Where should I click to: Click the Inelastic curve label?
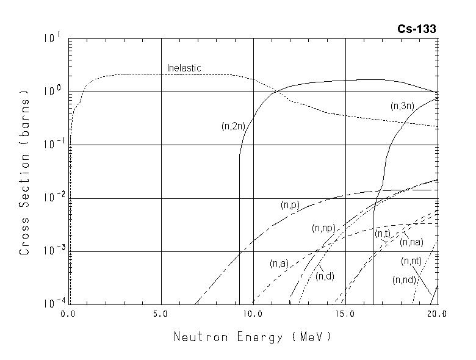[x=184, y=68]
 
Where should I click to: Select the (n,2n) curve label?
[x=233, y=126]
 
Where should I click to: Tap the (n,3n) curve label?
[x=403, y=106]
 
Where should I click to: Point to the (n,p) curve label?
[x=290, y=205]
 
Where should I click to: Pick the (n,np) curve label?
[x=323, y=228]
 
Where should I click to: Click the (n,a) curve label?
[x=279, y=264]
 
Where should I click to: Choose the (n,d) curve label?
[x=325, y=276]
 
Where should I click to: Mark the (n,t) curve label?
[x=383, y=234]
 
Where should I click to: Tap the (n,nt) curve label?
[x=411, y=261]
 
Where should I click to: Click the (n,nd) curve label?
[x=404, y=280]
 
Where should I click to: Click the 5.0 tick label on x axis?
[x=161, y=314]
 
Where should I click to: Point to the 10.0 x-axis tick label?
[x=253, y=314]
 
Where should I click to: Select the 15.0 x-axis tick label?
[x=345, y=314]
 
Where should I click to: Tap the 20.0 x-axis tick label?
[x=437, y=314]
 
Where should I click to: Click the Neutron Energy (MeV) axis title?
[x=253, y=336]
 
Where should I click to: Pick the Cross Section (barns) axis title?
[x=24, y=173]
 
